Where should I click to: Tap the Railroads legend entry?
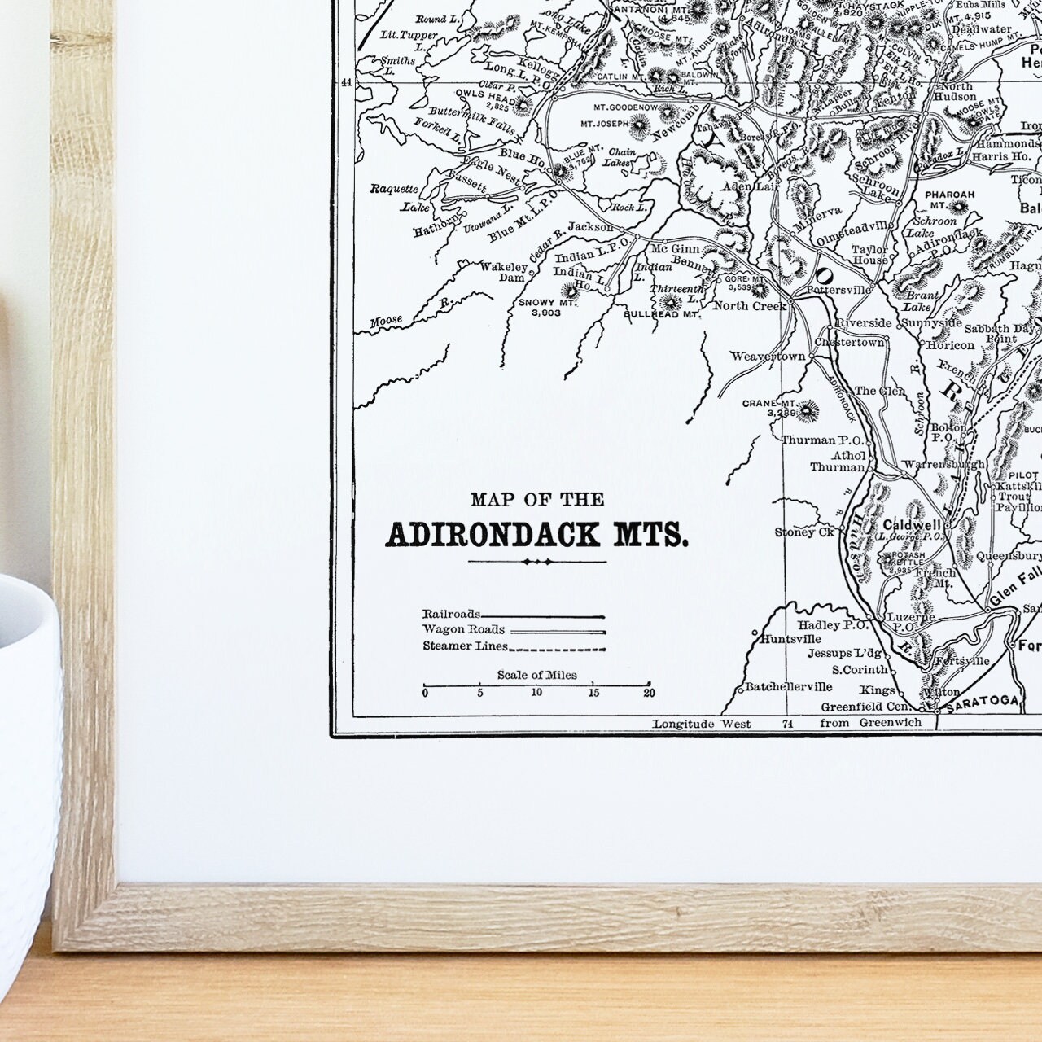click(451, 614)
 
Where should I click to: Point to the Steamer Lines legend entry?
click(464, 646)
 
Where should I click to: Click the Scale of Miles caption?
click(536, 675)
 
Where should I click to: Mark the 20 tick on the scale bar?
click(648, 693)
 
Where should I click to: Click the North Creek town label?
click(750, 305)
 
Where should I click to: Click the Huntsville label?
click(787, 639)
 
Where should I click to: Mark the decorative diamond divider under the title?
click(537, 562)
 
